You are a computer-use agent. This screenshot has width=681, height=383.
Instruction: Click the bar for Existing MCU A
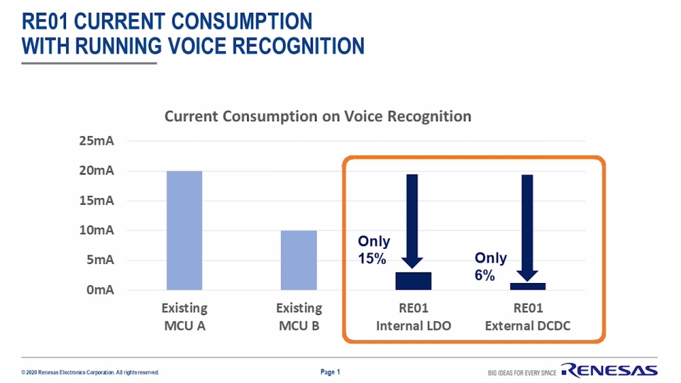[184, 231]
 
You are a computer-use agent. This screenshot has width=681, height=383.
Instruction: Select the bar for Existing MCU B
[299, 260]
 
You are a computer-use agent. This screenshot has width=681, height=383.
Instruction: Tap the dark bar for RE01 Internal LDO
[413, 281]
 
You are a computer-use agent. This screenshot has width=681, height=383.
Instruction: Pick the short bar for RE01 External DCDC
[528, 286]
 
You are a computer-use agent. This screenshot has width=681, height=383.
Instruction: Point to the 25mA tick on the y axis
[96, 141]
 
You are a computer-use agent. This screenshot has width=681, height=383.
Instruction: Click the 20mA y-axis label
[96, 171]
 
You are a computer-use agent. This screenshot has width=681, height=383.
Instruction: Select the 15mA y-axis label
[96, 201]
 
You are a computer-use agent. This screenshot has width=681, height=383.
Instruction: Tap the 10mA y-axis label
[96, 231]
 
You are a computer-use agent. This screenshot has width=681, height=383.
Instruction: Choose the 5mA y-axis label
[100, 260]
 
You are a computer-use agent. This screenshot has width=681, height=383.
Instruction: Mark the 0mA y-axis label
[100, 290]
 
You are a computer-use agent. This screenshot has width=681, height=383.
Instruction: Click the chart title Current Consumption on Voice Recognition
[318, 116]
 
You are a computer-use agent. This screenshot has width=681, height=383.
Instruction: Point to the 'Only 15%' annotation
[373, 250]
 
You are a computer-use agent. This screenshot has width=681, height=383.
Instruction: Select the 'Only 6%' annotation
[490, 266]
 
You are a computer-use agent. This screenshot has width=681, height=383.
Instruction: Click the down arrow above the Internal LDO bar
[412, 220]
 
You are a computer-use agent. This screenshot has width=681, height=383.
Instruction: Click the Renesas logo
[609, 370]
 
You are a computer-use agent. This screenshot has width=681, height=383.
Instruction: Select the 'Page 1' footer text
[331, 372]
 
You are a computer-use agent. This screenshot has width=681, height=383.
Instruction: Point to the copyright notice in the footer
[90, 372]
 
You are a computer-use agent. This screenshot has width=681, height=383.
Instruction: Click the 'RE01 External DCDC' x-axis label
[528, 317]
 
